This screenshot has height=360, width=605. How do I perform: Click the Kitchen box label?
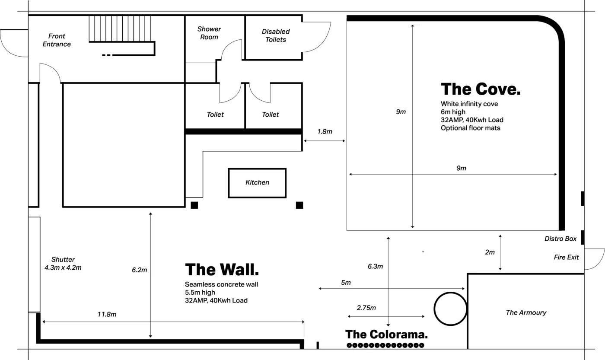coord(257,183)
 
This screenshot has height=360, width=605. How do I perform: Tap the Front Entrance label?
coord(57,40)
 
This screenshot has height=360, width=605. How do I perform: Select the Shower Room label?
coord(209,33)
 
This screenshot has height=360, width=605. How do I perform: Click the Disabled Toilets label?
coord(276,35)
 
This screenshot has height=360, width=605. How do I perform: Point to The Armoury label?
coord(526,312)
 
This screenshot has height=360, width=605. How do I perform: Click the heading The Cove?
coord(480,89)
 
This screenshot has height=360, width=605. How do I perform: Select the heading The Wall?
coord(222,270)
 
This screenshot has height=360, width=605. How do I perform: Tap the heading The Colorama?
coord(386,335)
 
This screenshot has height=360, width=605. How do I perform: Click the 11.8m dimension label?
coord(107,315)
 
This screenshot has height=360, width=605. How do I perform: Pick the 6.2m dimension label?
coord(140,270)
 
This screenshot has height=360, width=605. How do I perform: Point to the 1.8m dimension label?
coord(325,131)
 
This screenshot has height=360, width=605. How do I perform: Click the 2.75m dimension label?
coord(366,308)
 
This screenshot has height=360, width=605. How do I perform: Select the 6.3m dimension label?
coord(375,267)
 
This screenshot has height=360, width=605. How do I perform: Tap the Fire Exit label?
coord(566,257)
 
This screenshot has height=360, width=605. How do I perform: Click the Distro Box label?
coord(560,239)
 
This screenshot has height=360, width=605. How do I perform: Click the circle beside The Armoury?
coord(450,309)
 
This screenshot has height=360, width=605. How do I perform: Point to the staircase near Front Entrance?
coord(120,29)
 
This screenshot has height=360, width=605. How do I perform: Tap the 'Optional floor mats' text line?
coord(470,128)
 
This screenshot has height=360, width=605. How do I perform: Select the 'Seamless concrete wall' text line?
coord(221,284)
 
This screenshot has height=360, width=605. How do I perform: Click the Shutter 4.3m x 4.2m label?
coord(63,264)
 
